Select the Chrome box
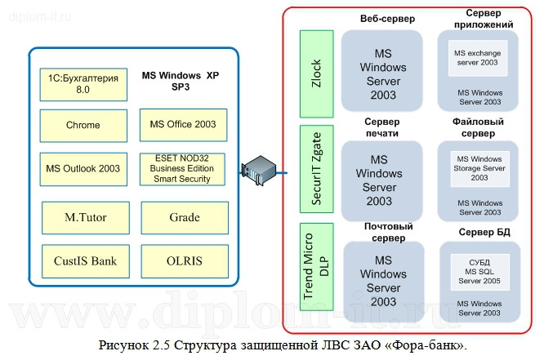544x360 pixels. pyautogui.click(x=82, y=125)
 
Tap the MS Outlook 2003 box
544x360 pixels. pyautogui.click(x=82, y=169)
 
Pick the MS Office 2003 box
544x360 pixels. pyautogui.click(x=182, y=125)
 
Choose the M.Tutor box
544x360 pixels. pyautogui.click(x=86, y=218)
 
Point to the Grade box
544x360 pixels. pyautogui.click(x=185, y=218)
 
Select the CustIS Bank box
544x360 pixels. pyautogui.click(x=86, y=261)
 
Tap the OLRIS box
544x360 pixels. pyautogui.click(x=185, y=261)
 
